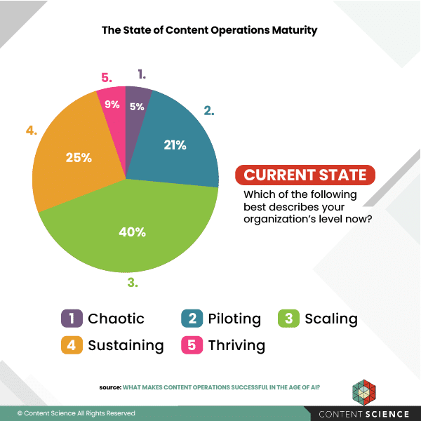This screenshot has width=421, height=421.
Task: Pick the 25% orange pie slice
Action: click(x=77, y=158)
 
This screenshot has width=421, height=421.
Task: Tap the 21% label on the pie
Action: click(x=175, y=145)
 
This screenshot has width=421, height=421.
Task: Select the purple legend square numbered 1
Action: click(x=69, y=319)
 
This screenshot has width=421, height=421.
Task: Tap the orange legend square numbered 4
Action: click(x=69, y=345)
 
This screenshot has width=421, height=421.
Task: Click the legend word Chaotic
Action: click(x=116, y=319)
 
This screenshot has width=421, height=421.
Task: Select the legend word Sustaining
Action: click(x=126, y=345)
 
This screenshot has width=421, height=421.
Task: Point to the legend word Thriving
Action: click(x=236, y=345)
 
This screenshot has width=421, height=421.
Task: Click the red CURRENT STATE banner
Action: click(x=305, y=175)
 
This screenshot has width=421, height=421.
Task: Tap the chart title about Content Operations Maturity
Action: click(x=210, y=30)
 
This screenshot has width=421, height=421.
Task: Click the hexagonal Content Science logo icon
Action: click(x=365, y=392)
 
